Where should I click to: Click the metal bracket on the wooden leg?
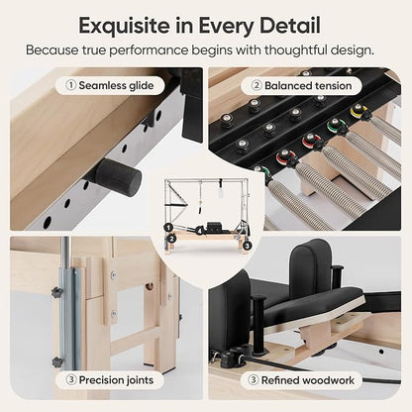[x=65, y=317]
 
